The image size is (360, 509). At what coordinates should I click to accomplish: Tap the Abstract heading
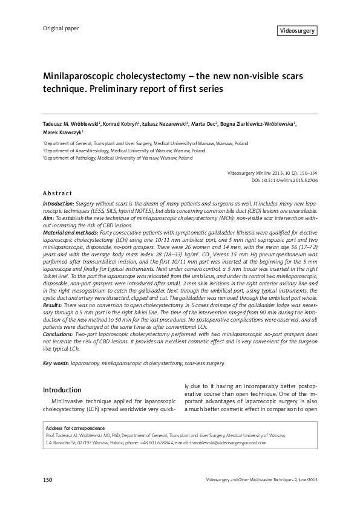pos(58,193)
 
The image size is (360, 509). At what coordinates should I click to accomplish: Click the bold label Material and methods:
pos(71,233)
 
